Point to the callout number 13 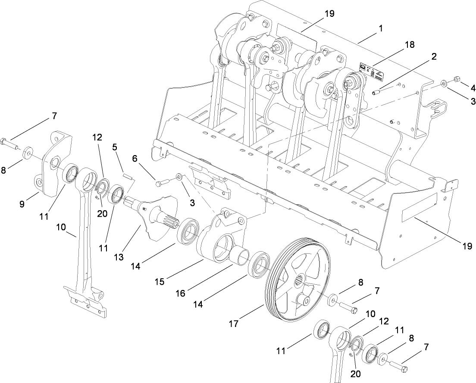[119, 257]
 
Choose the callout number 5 [115, 146]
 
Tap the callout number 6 [135, 159]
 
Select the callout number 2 [434, 56]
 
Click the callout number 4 [473, 88]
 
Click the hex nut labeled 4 [458, 79]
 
